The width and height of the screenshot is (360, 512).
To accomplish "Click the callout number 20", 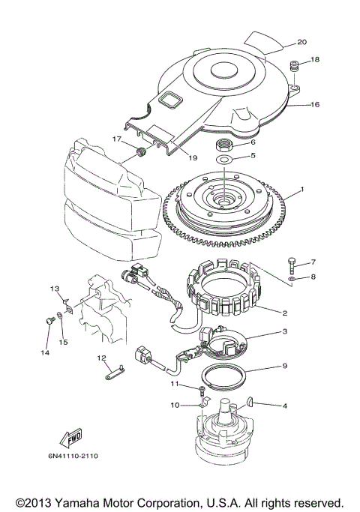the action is click(x=301, y=42).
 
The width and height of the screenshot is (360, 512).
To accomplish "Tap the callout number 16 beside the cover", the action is click(x=314, y=104).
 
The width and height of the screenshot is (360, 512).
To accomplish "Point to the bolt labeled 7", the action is click(x=292, y=265).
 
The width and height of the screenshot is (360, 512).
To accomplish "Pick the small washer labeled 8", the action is click(x=292, y=279).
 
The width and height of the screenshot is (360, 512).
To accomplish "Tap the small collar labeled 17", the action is click(x=141, y=152).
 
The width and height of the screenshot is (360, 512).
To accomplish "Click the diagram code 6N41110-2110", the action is click(x=73, y=456).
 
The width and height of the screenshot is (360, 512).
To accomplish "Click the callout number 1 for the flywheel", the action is click(x=302, y=189).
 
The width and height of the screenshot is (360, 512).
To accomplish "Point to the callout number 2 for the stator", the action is click(x=285, y=313).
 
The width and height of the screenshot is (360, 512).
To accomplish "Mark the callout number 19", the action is click(x=193, y=157).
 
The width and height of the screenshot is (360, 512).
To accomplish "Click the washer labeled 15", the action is click(x=60, y=315).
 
